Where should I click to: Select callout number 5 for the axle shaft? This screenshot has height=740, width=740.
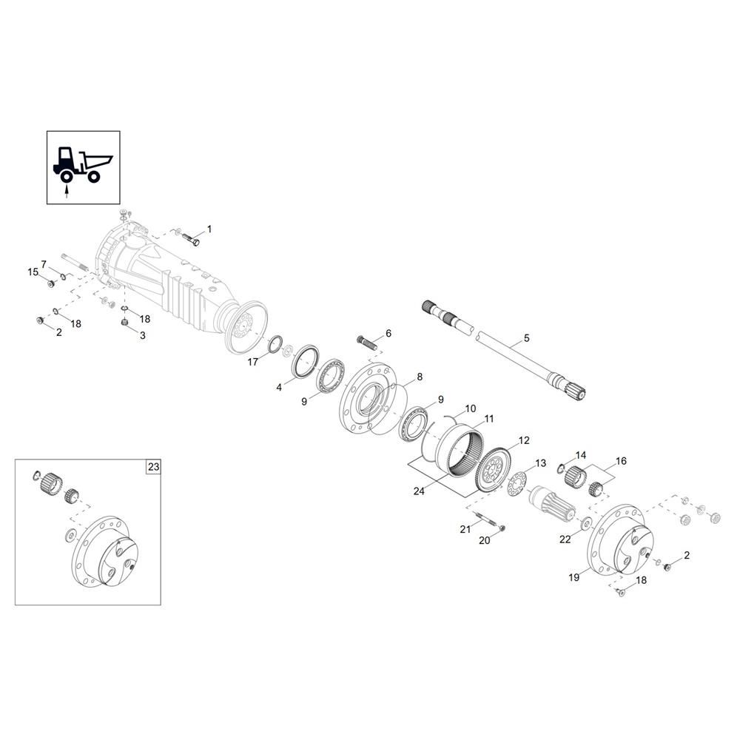point(527,338)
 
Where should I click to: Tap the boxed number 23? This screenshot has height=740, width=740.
point(153,467)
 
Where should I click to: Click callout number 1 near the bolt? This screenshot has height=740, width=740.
point(209,229)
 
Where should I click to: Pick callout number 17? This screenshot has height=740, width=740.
point(253,362)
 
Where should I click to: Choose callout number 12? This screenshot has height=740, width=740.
point(524,440)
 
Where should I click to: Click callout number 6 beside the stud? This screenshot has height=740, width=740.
point(388,333)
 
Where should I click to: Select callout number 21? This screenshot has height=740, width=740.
point(465,528)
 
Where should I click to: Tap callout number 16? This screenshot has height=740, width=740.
point(621,461)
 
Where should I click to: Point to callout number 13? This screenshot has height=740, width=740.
point(540,463)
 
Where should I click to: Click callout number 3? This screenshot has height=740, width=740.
point(143,334)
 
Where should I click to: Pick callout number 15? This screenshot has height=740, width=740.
point(33,272)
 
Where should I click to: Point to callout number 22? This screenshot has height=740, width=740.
point(565,539)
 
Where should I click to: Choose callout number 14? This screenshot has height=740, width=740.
point(581,455)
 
